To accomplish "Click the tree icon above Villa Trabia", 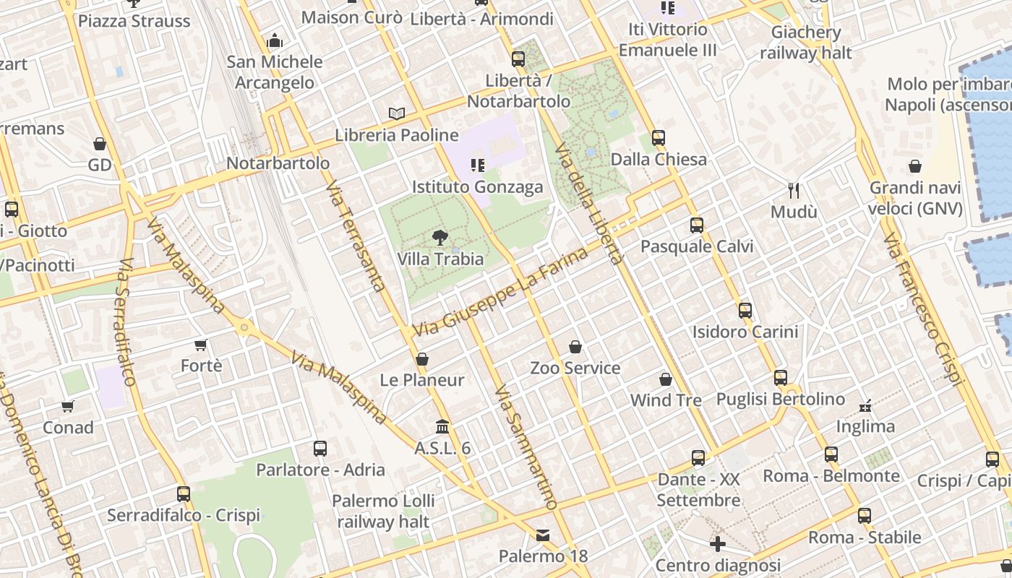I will coord(439,237).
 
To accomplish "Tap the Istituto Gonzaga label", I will coord(477,187).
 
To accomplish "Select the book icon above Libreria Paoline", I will coord(396,113).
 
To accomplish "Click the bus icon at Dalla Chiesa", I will coord(658,137).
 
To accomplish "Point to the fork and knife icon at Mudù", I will coord(794,190).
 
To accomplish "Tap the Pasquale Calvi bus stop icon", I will coord(696,225).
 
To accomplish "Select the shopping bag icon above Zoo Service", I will coord(575,347).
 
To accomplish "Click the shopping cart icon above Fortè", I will coord(201,345).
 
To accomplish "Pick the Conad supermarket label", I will coord(68,427).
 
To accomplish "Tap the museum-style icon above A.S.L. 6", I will coord(442,427).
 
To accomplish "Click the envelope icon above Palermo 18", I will coord(542,535).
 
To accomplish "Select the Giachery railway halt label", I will coord(806,43).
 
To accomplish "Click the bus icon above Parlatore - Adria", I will coord(320,449).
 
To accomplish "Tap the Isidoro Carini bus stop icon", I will coord(745,311).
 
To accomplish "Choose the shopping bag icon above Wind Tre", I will coord(666,379).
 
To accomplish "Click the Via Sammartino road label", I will coord(526,448).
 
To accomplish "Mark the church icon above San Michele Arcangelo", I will coord(275,40).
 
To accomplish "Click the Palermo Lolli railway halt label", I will coord(383,511).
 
